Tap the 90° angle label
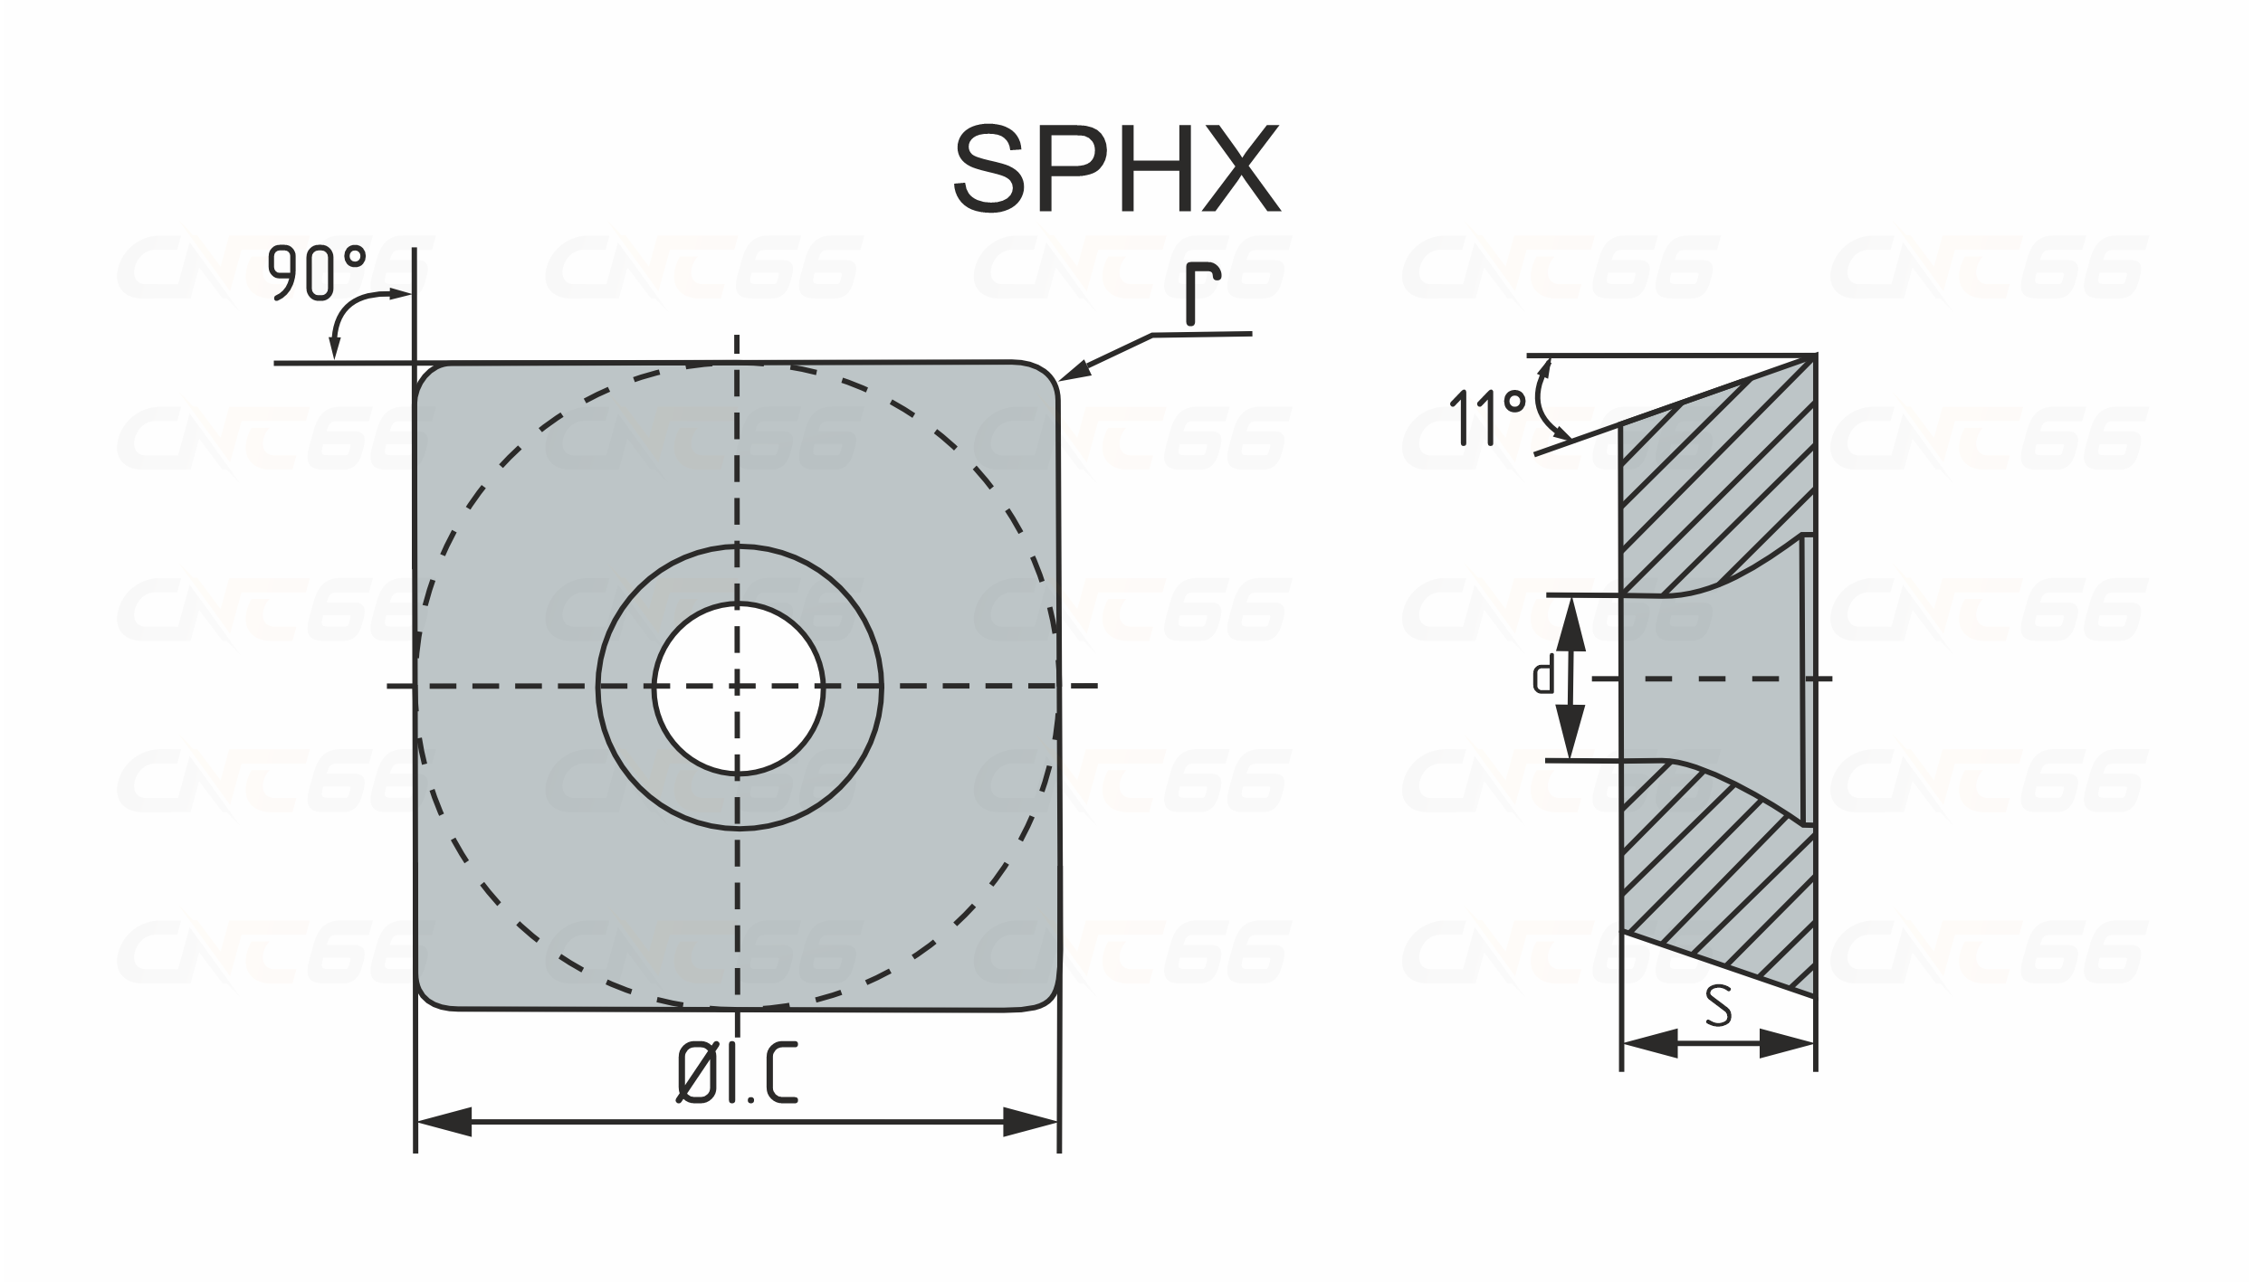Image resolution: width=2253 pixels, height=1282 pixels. tap(317, 272)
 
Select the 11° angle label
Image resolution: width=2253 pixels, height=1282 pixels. tap(1488, 417)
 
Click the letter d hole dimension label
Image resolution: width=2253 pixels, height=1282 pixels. tap(1542, 676)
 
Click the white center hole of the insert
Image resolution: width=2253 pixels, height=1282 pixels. tap(739, 688)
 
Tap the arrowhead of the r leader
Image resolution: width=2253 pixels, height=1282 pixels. tap(1074, 372)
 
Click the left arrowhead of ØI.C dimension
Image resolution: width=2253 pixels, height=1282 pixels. tap(444, 1123)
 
